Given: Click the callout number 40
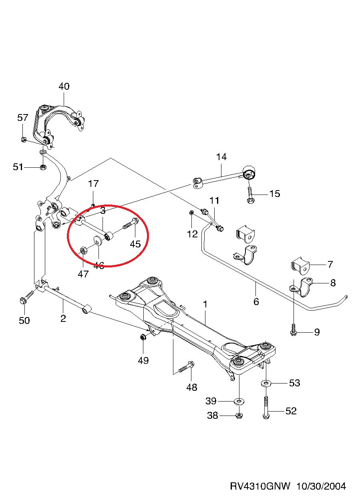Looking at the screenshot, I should coord(64,86).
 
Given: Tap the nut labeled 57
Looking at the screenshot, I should coord(24,139).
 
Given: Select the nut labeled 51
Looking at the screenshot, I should coord(43,167).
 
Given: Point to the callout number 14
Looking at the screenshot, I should coord(221,157).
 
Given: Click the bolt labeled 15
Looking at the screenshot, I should coord(250,194).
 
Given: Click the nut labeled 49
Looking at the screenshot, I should coord(143,337).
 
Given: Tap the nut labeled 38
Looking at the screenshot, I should coord(239,415).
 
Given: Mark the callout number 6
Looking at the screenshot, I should coord(256,301).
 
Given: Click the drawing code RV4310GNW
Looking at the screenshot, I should coord(260,486).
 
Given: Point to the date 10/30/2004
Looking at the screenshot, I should coord(321,486).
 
